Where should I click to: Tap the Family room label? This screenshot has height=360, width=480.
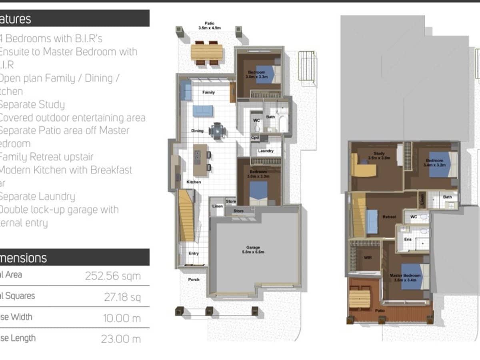click(x=208, y=92)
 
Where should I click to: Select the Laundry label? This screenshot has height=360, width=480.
click(x=266, y=151)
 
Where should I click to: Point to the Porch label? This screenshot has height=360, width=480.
click(x=194, y=279)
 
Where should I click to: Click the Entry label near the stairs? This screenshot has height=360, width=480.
click(x=194, y=253)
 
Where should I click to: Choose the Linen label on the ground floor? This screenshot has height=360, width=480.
click(x=217, y=206)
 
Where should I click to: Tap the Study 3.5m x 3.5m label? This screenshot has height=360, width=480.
click(x=379, y=155)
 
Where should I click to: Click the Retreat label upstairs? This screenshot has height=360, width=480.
click(x=389, y=217)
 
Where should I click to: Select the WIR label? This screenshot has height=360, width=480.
click(x=368, y=258)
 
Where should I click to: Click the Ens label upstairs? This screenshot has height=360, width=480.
click(x=408, y=239)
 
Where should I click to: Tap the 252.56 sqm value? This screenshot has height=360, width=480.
click(x=113, y=276)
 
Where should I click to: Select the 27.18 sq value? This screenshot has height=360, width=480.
click(x=122, y=297)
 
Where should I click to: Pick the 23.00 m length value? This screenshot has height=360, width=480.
click(x=121, y=339)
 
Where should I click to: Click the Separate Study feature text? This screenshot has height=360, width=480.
click(x=32, y=105)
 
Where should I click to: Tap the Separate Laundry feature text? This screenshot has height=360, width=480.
click(x=37, y=196)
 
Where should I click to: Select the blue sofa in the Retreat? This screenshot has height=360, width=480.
click(x=372, y=222)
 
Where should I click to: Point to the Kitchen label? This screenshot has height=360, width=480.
click(x=194, y=182)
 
